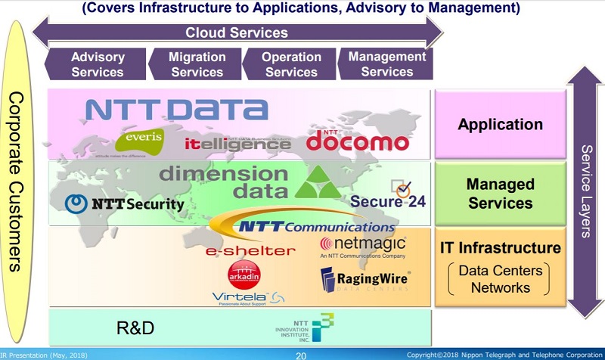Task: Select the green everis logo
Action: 140,141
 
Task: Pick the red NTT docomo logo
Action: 358,140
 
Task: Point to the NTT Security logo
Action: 125,203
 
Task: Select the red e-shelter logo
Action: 240,250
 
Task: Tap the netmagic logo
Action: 362,246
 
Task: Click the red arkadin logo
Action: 244,275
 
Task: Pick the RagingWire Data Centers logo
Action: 365,283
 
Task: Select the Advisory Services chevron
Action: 96,64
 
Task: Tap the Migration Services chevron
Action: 197,64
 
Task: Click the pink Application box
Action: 500,125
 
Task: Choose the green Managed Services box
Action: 500,194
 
